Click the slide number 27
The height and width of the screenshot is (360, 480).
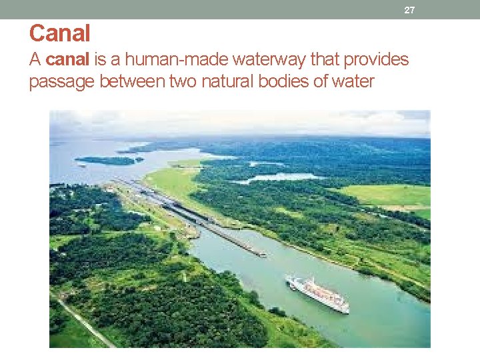pyautogui.click(x=409, y=10)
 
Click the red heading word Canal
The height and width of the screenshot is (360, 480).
pyautogui.click(x=60, y=33)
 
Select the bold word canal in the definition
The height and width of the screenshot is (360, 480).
pyautogui.click(x=67, y=60)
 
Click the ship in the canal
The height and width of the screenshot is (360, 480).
pyautogui.click(x=317, y=293)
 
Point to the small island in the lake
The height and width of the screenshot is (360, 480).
pyautogui.click(x=107, y=161)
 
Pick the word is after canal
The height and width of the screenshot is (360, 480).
pyautogui.click(x=101, y=60)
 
